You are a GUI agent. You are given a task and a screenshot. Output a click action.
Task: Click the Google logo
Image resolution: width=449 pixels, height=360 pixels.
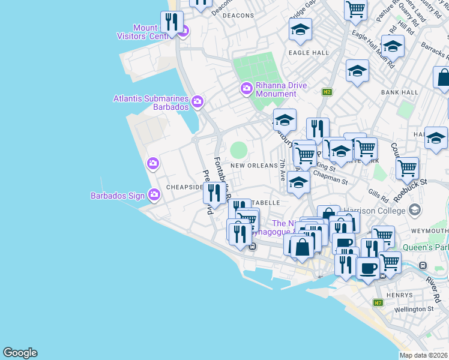(x=20, y=353)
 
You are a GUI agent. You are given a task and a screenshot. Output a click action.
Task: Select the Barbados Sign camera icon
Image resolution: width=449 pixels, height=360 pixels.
(x=154, y=194)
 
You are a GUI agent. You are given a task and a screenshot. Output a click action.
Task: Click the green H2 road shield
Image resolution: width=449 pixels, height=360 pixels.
(x=327, y=92)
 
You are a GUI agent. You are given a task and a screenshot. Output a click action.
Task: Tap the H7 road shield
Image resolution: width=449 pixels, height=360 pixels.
(x=378, y=303)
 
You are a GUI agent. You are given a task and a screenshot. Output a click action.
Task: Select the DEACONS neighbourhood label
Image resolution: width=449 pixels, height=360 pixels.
(x=238, y=16)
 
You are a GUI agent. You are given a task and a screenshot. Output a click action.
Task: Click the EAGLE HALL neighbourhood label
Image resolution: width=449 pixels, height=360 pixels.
(x=309, y=53)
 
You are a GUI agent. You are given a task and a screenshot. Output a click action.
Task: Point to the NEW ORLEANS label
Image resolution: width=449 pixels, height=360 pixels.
(x=254, y=166)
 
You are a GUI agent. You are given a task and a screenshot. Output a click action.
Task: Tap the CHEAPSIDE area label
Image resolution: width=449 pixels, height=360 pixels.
(x=184, y=187)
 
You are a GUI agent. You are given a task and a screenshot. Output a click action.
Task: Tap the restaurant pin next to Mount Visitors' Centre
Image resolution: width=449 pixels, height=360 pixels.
(x=172, y=23)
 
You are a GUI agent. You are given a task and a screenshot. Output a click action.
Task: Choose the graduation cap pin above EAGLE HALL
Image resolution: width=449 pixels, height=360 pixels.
(x=300, y=29)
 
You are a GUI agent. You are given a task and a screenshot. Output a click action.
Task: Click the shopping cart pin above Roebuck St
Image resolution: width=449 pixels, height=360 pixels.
(x=408, y=167)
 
